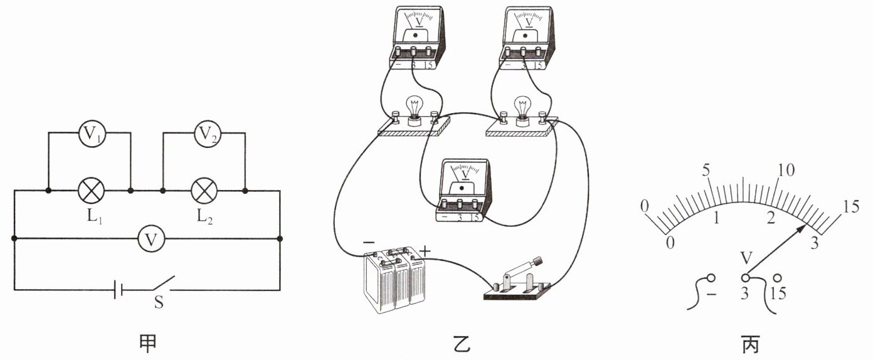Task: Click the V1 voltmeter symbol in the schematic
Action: point(92,134)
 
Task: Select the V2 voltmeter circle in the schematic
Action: point(208,134)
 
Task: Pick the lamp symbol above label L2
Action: point(204,191)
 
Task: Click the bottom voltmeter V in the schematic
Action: point(152,238)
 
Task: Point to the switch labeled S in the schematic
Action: point(163,283)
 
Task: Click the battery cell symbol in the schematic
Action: point(118,290)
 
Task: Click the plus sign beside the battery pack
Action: point(425,251)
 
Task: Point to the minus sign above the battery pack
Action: point(368,242)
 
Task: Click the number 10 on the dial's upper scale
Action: point(786,170)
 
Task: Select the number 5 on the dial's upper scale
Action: point(706,170)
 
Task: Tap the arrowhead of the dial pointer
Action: point(802,229)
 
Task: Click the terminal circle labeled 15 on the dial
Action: point(778,278)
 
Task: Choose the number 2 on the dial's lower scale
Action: point(771,218)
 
